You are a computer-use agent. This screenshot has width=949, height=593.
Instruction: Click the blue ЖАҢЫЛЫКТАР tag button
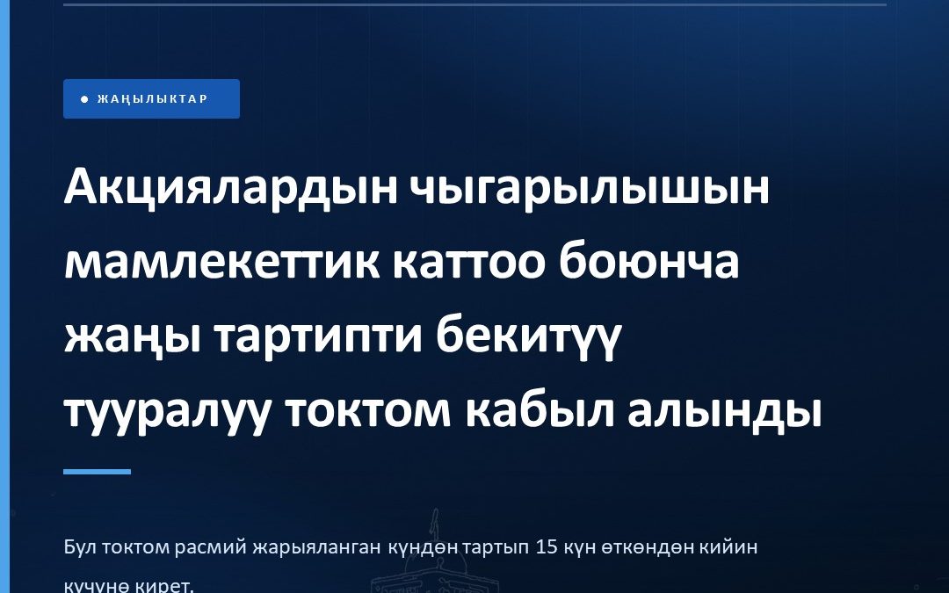[x=151, y=98]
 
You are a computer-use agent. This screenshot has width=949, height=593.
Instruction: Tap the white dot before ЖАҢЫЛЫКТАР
[x=84, y=99]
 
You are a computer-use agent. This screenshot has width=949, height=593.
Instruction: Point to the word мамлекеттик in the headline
[x=222, y=264]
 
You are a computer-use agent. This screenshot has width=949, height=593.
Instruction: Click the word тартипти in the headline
[x=318, y=339]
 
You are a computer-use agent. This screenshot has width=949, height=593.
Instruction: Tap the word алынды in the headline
[x=724, y=414]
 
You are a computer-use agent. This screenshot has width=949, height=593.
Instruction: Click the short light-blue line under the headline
[x=97, y=472]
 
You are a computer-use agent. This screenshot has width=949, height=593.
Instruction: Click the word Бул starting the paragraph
[x=81, y=547]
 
